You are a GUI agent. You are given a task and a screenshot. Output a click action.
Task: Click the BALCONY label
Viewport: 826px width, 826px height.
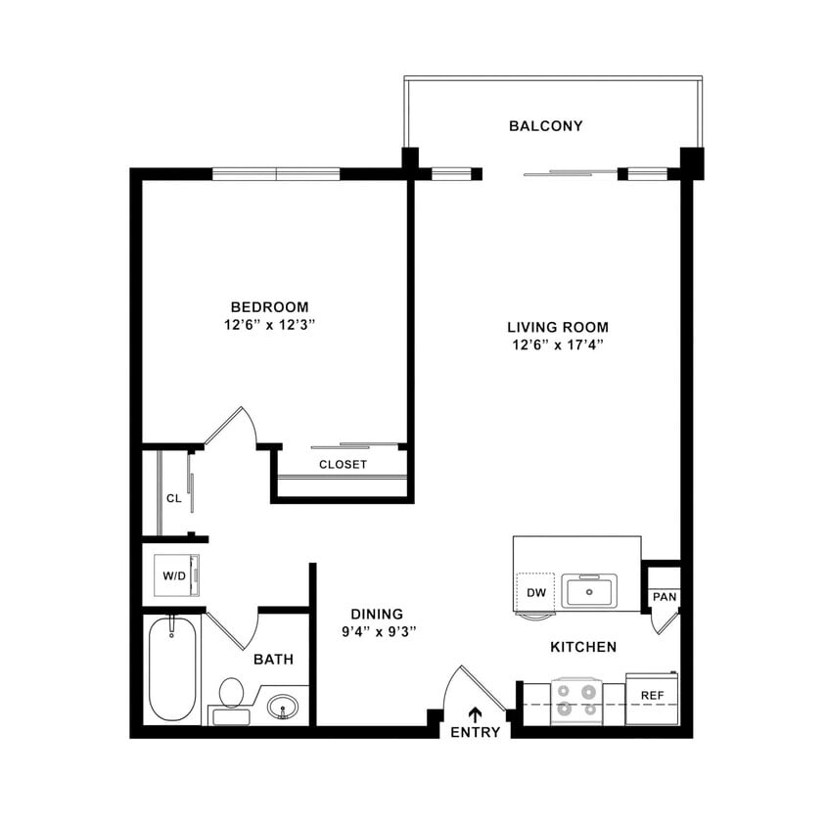coord(545,126)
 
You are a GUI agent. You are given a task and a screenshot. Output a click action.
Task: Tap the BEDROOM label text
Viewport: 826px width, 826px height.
coord(269,306)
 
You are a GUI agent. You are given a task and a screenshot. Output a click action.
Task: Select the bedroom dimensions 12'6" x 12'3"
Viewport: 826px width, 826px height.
coord(269,324)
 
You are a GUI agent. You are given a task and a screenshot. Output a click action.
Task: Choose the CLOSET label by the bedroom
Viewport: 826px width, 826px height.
coord(343,464)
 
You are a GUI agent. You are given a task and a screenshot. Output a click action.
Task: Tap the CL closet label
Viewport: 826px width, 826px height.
coord(173,498)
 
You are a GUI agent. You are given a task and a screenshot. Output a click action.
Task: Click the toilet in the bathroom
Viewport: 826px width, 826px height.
coord(231,695)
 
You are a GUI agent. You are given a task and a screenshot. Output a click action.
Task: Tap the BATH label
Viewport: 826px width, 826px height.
coord(273,660)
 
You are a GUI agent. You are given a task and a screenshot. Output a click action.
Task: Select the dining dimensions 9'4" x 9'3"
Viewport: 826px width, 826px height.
coord(379,631)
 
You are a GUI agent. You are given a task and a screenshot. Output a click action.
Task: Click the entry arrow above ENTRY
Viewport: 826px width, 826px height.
coord(476,714)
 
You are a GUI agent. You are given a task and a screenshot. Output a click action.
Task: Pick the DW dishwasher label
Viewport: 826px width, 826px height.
coord(534,592)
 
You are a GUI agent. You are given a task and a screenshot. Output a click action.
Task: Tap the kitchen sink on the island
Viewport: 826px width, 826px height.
coord(588,591)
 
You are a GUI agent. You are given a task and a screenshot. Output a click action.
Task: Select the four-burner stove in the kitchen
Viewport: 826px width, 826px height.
coord(575,702)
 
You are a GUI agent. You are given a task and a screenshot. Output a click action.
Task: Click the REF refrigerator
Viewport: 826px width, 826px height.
coord(652,696)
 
